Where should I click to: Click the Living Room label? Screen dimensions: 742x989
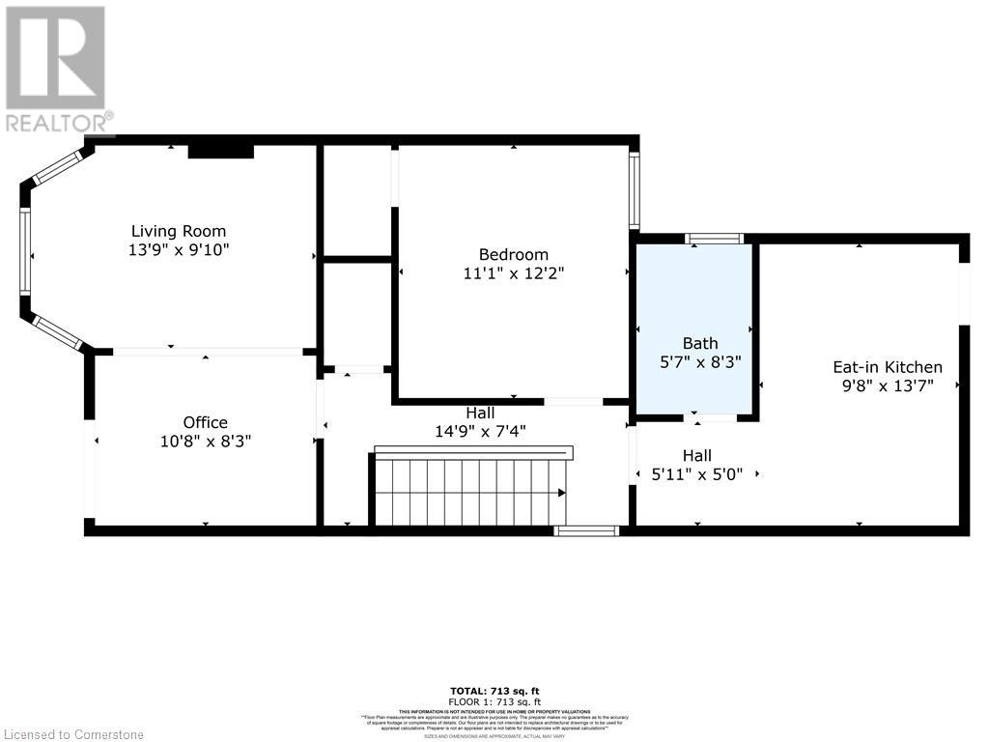click(179, 231)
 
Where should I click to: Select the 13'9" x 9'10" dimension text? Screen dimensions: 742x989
click(179, 249)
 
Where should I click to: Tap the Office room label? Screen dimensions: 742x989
click(205, 422)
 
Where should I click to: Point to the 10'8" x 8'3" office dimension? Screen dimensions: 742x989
click(205, 441)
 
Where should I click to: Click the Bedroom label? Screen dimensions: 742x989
click(513, 255)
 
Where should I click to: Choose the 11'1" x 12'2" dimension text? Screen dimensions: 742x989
click(513, 273)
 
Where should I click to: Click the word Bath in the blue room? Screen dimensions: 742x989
click(700, 343)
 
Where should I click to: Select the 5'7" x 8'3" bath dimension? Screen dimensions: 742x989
click(700, 361)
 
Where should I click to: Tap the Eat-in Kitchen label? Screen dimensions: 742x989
click(887, 367)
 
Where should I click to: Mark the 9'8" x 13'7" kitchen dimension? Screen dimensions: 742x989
click(887, 385)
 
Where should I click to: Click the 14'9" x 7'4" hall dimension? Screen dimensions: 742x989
click(480, 431)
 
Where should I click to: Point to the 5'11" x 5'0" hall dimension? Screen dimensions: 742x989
click(697, 474)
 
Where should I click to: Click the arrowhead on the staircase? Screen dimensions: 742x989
click(561, 493)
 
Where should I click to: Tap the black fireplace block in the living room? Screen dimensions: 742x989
click(220, 151)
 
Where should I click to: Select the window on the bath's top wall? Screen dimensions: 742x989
click(714, 239)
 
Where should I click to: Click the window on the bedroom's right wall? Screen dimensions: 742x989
click(634, 189)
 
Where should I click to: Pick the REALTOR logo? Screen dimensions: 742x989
click(56, 68)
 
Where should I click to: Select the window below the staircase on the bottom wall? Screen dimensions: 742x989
click(586, 530)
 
